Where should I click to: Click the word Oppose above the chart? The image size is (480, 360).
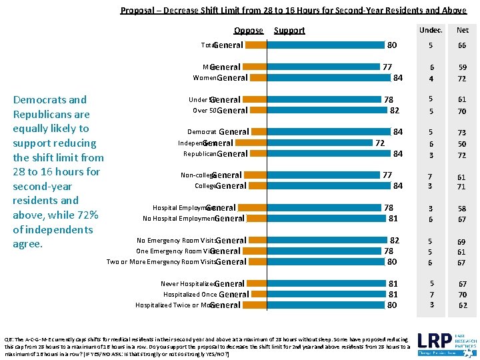[x=248, y=30]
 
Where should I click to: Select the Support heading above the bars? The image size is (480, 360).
[x=289, y=30]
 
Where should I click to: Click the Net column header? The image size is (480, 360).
[x=462, y=29]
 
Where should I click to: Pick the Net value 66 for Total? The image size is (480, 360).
[x=462, y=46]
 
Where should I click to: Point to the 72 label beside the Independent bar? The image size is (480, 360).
[x=380, y=143]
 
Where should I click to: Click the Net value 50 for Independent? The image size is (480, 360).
[x=462, y=144]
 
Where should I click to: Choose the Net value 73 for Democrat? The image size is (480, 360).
[x=462, y=133]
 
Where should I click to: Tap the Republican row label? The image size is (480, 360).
[x=200, y=154]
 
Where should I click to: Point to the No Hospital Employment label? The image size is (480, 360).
[x=178, y=219]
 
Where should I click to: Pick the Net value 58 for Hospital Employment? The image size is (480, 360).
[x=462, y=209]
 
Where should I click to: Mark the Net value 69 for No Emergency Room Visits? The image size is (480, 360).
[x=462, y=241]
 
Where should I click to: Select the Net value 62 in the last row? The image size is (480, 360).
[x=462, y=305]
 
